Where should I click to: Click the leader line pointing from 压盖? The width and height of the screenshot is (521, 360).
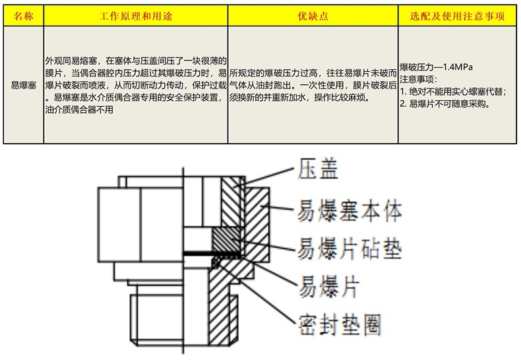pos(267,175)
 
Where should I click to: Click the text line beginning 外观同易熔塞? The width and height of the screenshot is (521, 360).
pos(135,61)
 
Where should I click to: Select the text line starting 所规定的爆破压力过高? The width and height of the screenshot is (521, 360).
pos(313,73)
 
